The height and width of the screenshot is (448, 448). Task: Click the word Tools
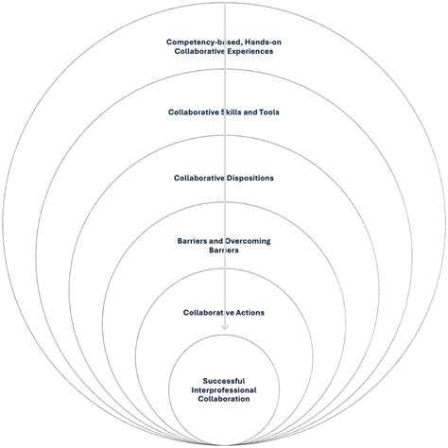(x=268, y=112)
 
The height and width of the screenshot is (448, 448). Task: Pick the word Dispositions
(x=249, y=178)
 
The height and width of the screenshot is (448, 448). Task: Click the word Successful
(x=224, y=380)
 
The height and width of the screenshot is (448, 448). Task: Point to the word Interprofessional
(x=224, y=389)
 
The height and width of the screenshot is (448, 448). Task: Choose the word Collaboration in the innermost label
(x=224, y=399)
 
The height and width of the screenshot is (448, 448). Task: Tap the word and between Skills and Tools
(x=249, y=112)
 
